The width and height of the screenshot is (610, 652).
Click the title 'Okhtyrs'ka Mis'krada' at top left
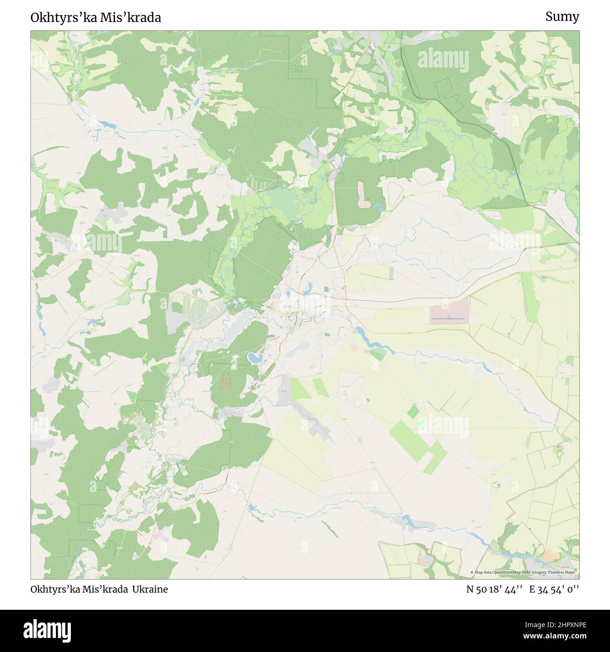(x=96, y=17)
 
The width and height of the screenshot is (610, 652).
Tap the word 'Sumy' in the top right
(x=562, y=17)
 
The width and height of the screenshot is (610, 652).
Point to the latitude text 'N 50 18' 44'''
(x=494, y=590)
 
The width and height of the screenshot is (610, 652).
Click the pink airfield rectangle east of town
(x=449, y=315)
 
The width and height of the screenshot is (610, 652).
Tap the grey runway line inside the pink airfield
(x=448, y=319)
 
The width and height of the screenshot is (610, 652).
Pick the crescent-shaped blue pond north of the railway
(x=309, y=288)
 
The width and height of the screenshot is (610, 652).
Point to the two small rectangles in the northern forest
(x=297, y=69)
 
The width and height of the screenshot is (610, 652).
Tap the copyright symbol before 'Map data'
(x=472, y=572)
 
